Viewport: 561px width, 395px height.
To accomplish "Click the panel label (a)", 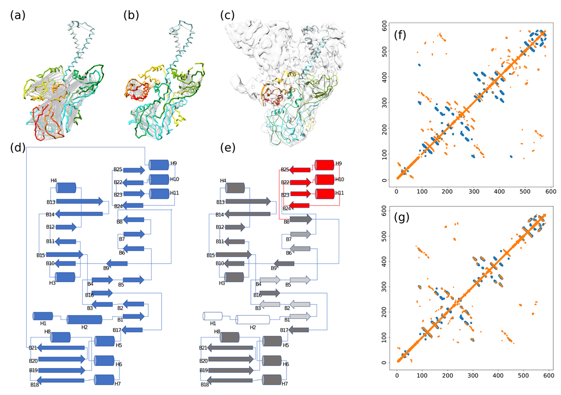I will tap(18, 15).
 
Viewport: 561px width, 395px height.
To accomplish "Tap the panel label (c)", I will tap(228, 15).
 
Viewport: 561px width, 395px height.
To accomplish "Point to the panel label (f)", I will tap(404, 37).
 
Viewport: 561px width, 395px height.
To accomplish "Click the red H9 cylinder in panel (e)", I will tap(324, 165).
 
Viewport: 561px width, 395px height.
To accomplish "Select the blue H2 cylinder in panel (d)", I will tap(84, 319).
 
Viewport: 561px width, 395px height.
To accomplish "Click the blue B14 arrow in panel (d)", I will tap(80, 214).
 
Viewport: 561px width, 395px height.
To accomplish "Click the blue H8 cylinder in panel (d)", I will tap(60, 337).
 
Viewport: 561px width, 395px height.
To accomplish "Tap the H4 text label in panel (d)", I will tap(54, 180).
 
